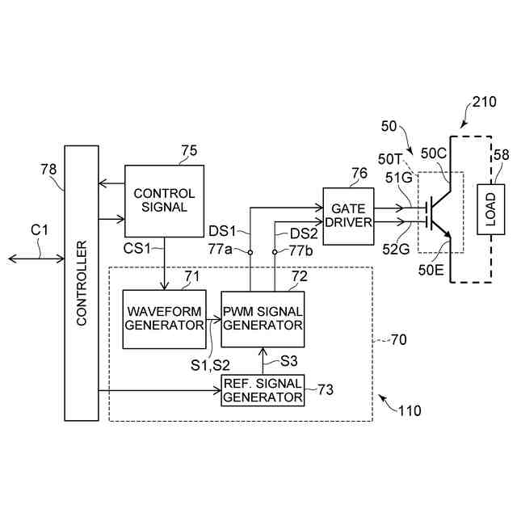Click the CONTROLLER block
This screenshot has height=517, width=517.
[81, 283]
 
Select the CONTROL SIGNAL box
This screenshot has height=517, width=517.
[164, 200]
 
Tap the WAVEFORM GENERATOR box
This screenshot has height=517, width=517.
[164, 319]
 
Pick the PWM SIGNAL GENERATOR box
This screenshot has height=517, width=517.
[263, 319]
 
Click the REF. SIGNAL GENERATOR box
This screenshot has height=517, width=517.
[263, 390]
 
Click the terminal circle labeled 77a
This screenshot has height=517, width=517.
[250, 252]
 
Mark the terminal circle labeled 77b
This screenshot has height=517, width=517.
[275, 252]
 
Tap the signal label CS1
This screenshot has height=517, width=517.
[138, 246]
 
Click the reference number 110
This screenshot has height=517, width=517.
[409, 410]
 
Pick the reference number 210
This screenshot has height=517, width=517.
[484, 102]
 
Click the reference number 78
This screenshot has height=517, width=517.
[49, 169]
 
